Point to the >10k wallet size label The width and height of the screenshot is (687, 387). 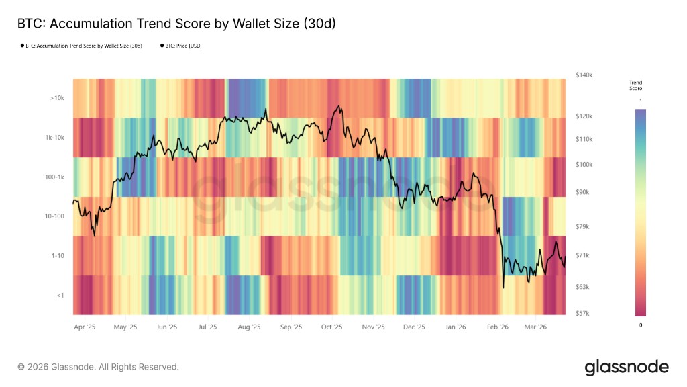point(56,98)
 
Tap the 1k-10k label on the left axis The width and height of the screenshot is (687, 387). point(55,138)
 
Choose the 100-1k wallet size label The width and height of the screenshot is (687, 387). point(55,177)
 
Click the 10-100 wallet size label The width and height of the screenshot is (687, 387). point(55,216)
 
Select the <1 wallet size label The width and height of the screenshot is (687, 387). point(60,296)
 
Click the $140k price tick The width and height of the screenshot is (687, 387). point(584,75)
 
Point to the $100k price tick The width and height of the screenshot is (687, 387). point(584,165)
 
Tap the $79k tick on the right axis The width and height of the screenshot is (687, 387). point(582,227)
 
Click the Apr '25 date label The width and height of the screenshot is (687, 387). point(84,327)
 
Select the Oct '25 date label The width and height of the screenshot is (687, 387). point(331,327)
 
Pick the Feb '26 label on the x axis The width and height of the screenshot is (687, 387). point(497,327)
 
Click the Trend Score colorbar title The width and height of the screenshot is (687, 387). point(635,85)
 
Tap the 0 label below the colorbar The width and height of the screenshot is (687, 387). point(640,325)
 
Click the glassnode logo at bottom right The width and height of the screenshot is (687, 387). point(627,367)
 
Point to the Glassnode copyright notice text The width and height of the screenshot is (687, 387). point(98,367)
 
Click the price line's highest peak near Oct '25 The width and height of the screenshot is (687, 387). point(340,106)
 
